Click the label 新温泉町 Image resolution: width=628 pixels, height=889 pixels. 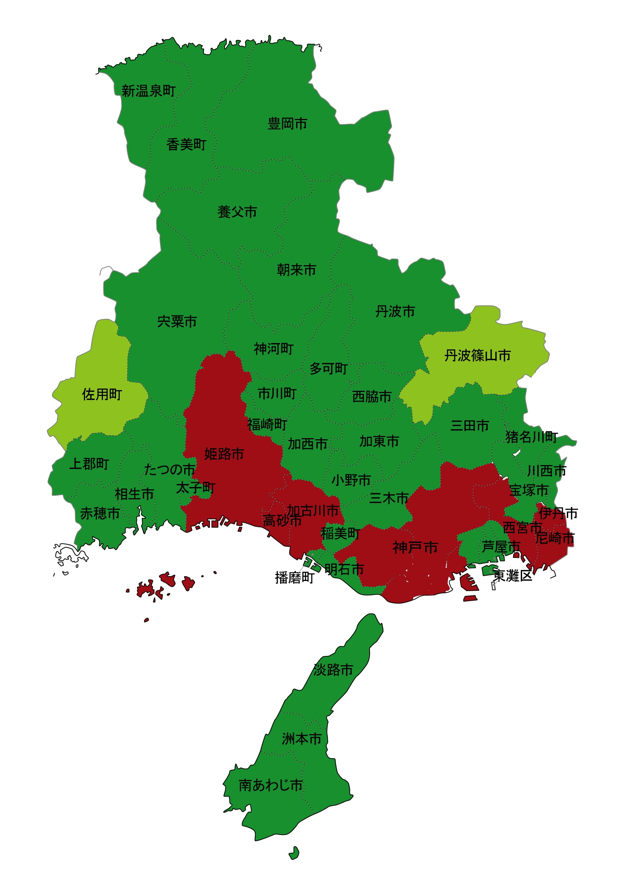[x=149, y=91]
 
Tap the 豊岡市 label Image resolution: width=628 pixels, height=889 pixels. [x=287, y=124]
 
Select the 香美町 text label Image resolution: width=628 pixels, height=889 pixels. [x=186, y=145]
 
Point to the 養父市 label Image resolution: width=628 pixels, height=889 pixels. [x=237, y=212]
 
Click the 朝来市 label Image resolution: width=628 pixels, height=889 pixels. [x=296, y=270]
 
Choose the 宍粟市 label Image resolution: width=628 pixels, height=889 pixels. [x=178, y=322]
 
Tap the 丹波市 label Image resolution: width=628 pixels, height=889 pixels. [x=395, y=312]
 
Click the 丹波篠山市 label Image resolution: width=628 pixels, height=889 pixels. [x=477, y=355]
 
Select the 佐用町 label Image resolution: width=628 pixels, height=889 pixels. [x=102, y=395]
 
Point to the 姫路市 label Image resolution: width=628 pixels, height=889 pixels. [x=224, y=454]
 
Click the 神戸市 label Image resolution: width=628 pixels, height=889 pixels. [x=415, y=547]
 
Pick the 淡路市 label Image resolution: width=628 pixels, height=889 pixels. [x=333, y=670]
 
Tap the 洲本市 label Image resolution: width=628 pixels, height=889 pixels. [x=302, y=739]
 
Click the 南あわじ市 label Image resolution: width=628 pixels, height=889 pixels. [x=271, y=785]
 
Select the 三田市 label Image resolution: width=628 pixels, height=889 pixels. [x=470, y=426]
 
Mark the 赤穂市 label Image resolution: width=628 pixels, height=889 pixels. [x=100, y=514]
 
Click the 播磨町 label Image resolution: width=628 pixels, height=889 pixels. [x=295, y=578]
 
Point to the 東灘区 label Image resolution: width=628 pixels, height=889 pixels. [x=513, y=576]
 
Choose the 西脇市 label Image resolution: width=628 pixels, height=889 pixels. [x=372, y=396]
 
